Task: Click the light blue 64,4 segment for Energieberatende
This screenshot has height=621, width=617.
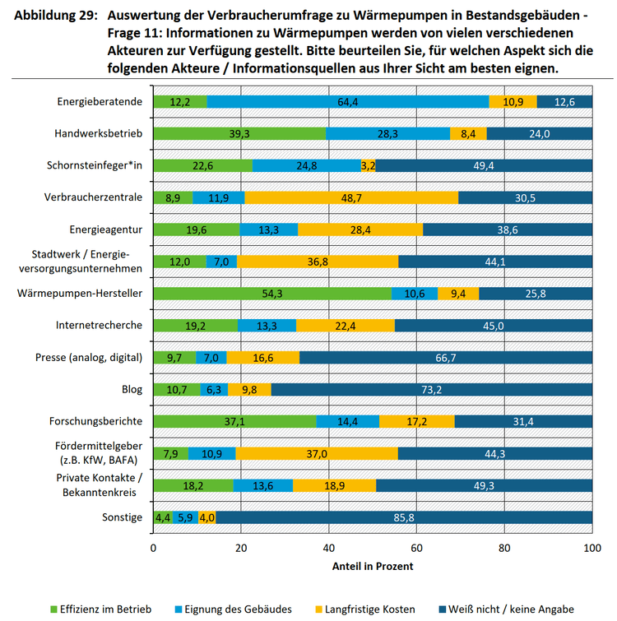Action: coord(348,102)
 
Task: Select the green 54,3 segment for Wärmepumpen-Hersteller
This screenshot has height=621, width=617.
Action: coord(272,294)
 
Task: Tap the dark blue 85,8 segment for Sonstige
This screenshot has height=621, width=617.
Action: coord(404,517)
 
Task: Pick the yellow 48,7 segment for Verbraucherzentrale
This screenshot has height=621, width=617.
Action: coord(351,197)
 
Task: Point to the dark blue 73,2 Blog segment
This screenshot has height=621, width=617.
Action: coord(431,389)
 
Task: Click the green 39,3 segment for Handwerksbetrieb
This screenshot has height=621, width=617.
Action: coord(239,134)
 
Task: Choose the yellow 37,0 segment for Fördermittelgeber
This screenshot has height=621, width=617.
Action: coord(317,453)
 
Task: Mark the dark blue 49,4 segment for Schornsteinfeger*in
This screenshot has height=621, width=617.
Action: coord(484,166)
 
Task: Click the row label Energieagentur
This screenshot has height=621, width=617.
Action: coord(107,229)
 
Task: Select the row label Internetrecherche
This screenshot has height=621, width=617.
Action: coord(100,325)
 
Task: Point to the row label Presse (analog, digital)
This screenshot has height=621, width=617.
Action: coord(89,357)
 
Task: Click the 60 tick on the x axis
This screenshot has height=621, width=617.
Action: coord(416,548)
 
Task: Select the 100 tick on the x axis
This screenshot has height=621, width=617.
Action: coord(591,548)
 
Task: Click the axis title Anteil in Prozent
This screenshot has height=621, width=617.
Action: coord(372,567)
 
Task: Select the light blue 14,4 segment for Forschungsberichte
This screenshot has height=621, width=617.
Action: coord(347,421)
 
